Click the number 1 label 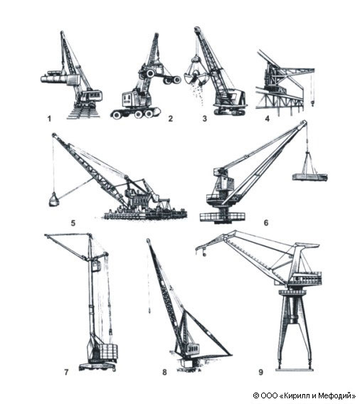coord(49,119)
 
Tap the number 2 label coord(170,119)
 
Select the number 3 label coord(205,119)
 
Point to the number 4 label coord(268,119)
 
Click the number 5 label coord(73,223)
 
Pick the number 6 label coord(266,223)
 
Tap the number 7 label coord(66,372)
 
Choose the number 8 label coord(164,372)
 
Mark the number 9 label coord(261,372)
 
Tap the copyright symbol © coord(256,395)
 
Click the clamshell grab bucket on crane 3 coord(196,73)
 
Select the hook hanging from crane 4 coord(313,103)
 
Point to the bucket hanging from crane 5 coord(54,200)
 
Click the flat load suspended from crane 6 coord(309,177)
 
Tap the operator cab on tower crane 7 coord(96,265)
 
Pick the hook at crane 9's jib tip coord(204,255)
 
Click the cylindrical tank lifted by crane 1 coord(55,77)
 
